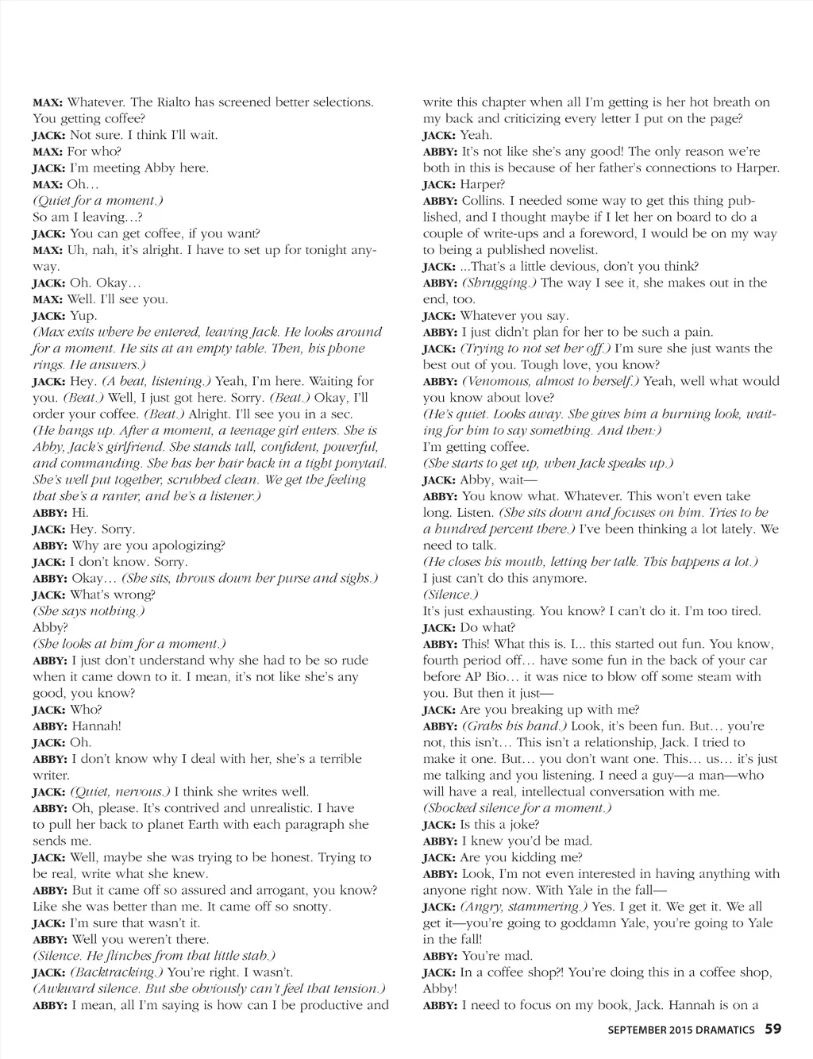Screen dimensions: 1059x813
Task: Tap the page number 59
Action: [x=773, y=1029]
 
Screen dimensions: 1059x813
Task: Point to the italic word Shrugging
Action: [x=499, y=283]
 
